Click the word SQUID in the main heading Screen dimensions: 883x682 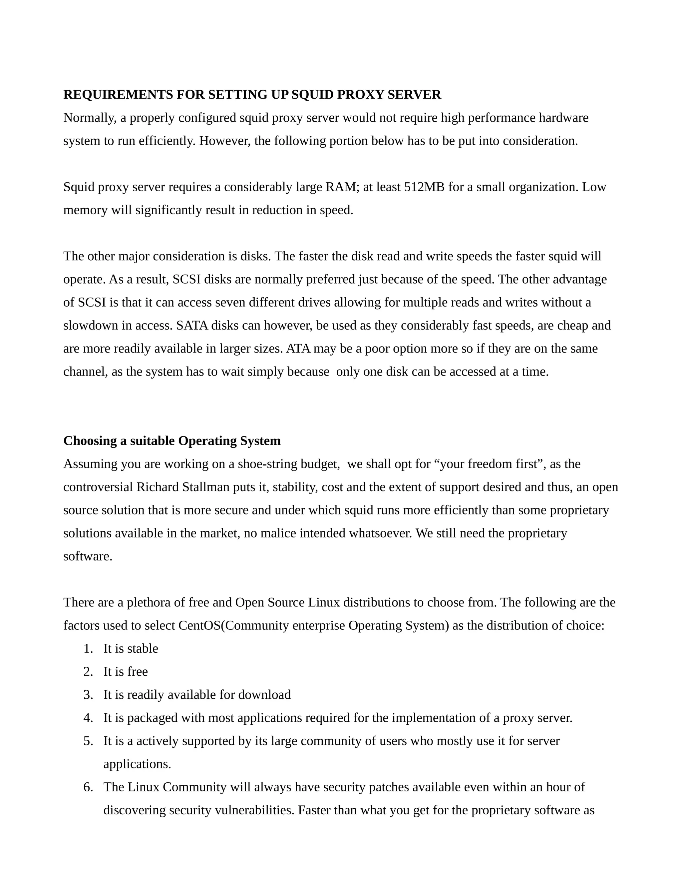312,95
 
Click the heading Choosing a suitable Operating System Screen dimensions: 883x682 172,441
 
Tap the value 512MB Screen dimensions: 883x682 424,187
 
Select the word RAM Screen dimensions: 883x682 341,187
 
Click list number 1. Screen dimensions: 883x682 88,648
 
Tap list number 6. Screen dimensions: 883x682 88,787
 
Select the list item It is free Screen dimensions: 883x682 125,671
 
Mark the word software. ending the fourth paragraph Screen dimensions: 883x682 88,556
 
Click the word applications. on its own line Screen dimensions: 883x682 137,764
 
